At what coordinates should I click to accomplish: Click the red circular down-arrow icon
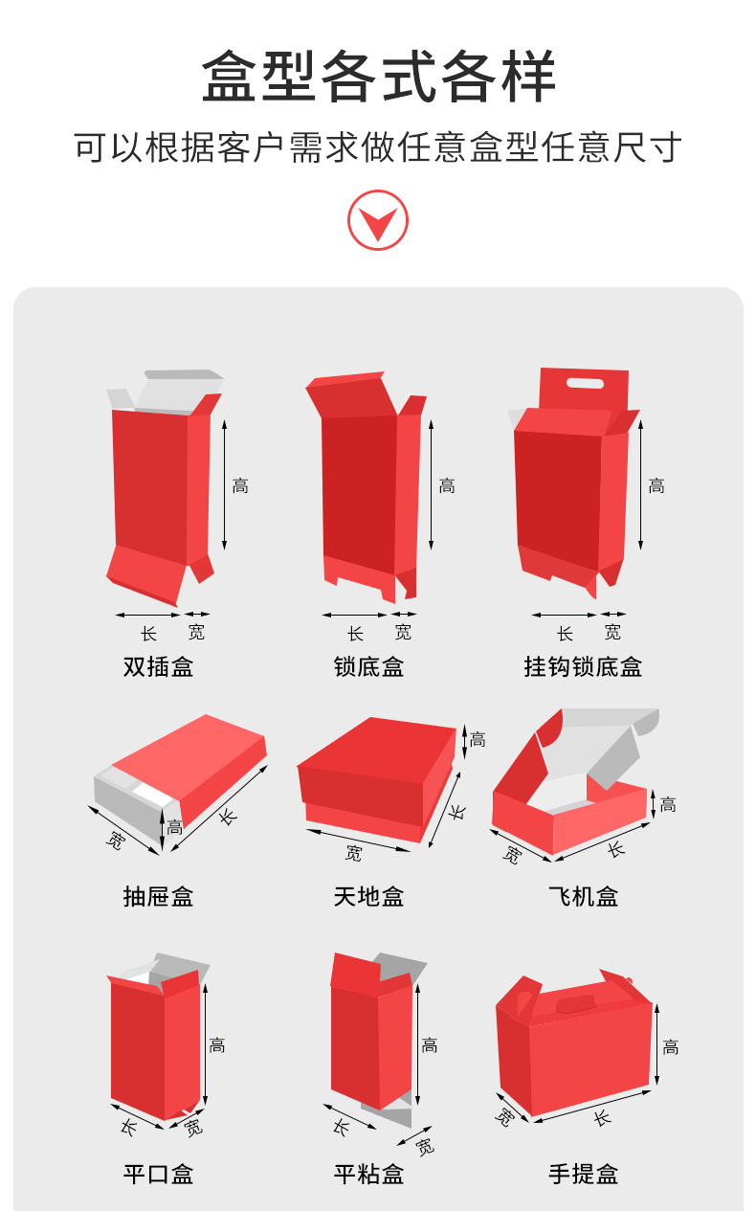pyautogui.click(x=377, y=221)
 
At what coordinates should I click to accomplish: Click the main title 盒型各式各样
pyautogui.click(x=378, y=77)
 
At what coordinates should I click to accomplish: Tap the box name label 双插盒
pyautogui.click(x=159, y=666)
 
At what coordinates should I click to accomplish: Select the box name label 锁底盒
pyautogui.click(x=368, y=666)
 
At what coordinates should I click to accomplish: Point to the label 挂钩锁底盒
pyautogui.click(x=583, y=666)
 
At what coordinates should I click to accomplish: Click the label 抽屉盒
pyautogui.click(x=159, y=896)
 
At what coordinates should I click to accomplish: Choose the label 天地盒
pyautogui.click(x=368, y=896)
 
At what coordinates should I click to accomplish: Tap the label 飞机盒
pyautogui.click(x=583, y=896)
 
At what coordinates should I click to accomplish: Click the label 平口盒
pyautogui.click(x=159, y=1173)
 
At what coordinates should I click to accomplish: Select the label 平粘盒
pyautogui.click(x=368, y=1173)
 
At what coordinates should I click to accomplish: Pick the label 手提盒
pyautogui.click(x=583, y=1173)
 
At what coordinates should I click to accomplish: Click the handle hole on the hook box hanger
pyautogui.click(x=584, y=384)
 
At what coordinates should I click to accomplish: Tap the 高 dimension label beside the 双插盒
pyautogui.click(x=240, y=486)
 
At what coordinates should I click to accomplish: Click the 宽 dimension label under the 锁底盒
pyautogui.click(x=403, y=633)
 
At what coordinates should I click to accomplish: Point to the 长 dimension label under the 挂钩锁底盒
pyautogui.click(x=565, y=633)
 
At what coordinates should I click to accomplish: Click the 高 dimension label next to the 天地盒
pyautogui.click(x=478, y=739)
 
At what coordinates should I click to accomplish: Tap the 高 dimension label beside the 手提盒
pyautogui.click(x=671, y=1047)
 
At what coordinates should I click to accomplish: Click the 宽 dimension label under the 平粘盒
pyautogui.click(x=425, y=1145)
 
